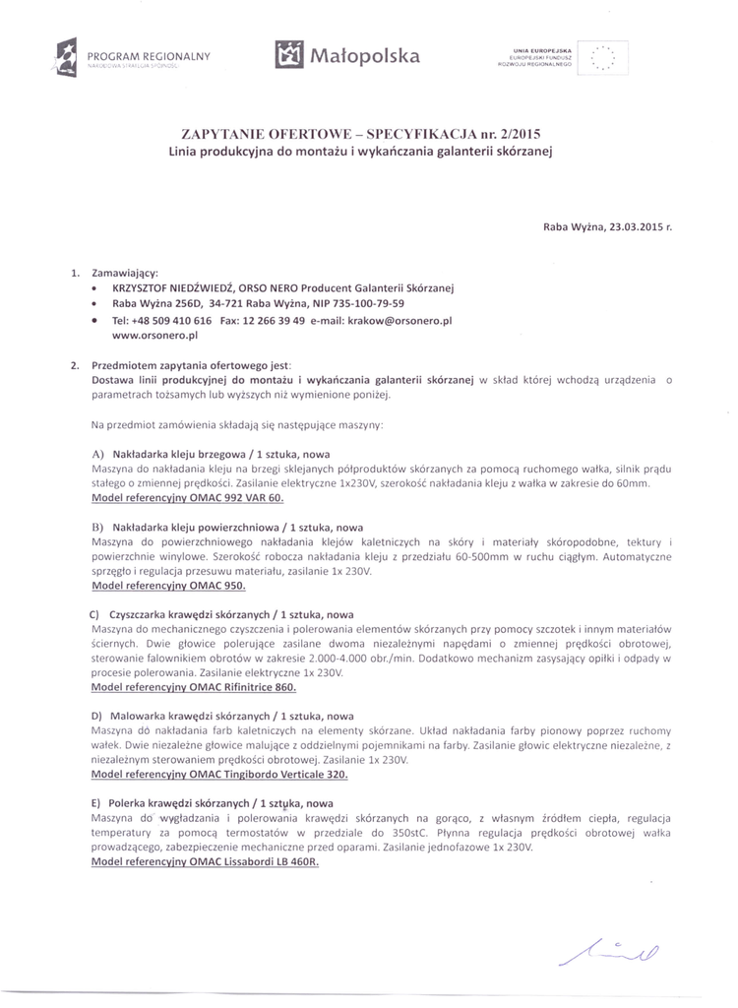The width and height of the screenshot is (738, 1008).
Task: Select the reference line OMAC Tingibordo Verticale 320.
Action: click(x=219, y=774)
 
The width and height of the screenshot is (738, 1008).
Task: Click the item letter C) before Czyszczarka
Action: click(x=95, y=613)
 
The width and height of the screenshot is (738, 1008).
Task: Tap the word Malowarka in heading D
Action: click(x=137, y=716)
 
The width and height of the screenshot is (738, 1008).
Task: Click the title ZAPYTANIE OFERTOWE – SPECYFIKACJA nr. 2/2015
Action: click(x=361, y=134)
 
